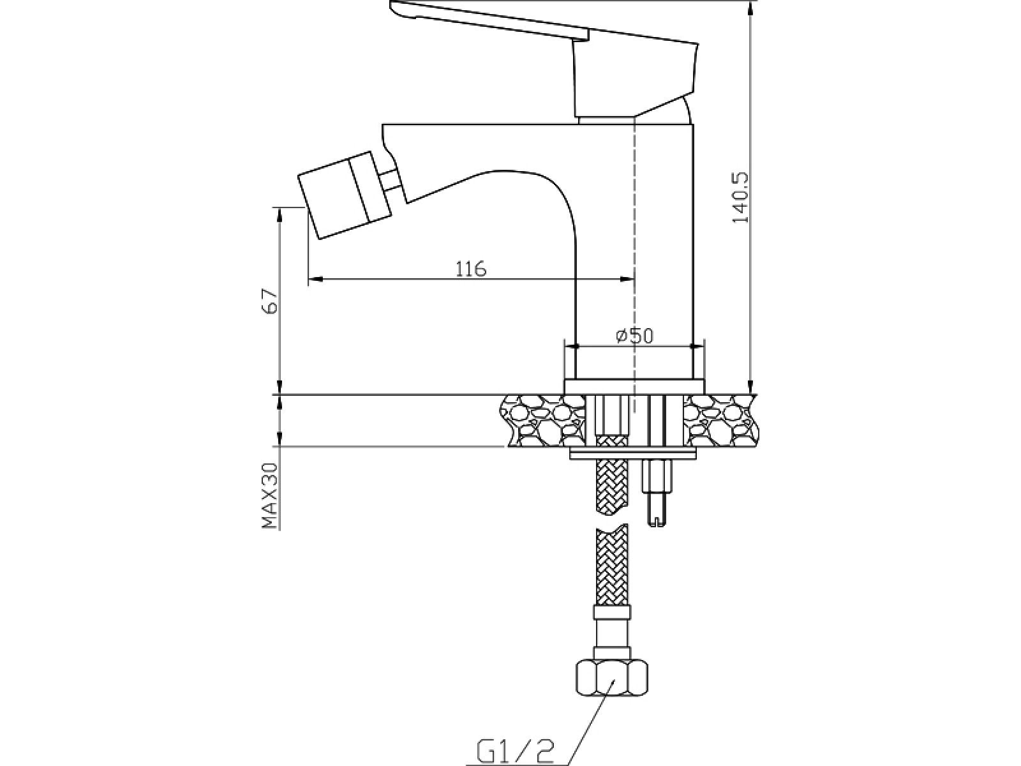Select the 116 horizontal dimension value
pos(471,269)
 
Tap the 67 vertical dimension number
pos(270,301)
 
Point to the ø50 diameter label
pos(634,335)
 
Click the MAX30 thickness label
pos(270,496)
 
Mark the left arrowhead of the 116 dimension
pos(316,279)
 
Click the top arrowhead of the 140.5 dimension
pos(750,8)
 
